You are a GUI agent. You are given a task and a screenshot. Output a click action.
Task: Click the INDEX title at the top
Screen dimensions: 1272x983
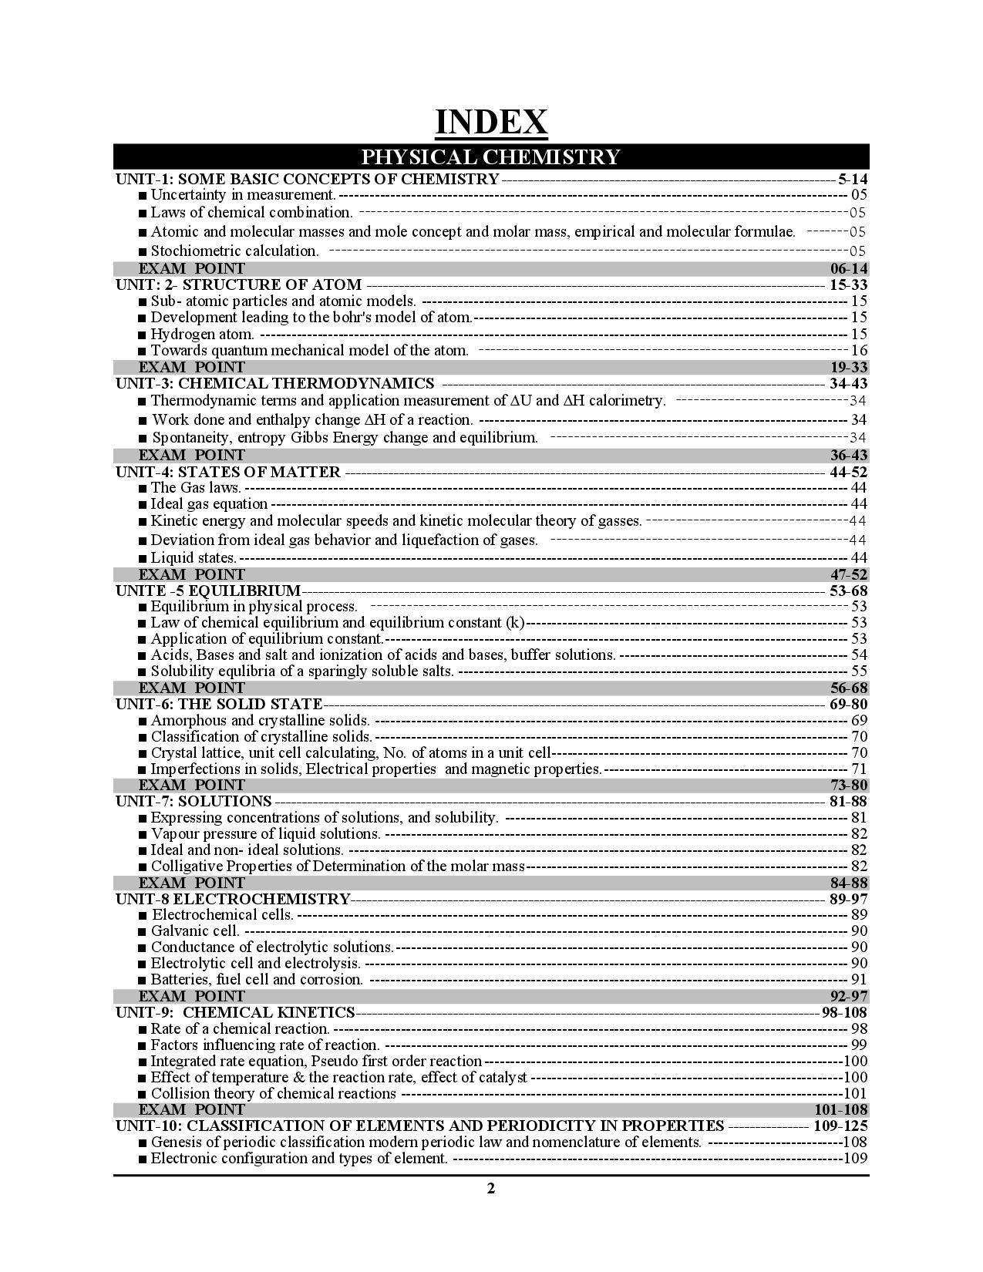click(491, 123)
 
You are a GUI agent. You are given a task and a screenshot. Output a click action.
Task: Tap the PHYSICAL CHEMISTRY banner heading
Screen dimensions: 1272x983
click(491, 156)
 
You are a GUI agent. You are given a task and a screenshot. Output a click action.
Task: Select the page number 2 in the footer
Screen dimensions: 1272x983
click(491, 1188)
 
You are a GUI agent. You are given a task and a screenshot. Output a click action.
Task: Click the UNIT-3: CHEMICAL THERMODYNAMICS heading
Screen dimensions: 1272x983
click(275, 383)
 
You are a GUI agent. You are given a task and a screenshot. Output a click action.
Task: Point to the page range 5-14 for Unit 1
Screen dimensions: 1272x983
click(853, 179)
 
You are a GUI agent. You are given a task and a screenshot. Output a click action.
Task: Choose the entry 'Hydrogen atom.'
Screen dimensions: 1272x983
click(202, 334)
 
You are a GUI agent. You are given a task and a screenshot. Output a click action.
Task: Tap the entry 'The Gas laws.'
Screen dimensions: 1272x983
click(196, 487)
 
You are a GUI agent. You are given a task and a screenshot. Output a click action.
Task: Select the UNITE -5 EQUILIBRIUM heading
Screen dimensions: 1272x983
click(208, 591)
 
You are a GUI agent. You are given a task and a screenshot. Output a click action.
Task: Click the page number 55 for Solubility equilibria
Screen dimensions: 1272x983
click(859, 671)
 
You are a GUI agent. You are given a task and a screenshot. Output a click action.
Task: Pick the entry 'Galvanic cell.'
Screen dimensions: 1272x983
click(195, 930)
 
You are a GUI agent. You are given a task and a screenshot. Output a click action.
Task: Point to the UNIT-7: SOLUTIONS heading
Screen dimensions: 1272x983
click(194, 801)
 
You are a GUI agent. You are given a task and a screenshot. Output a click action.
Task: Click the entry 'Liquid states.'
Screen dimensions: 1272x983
click(194, 557)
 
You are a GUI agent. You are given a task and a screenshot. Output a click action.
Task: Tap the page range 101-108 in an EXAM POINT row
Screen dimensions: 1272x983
click(840, 1109)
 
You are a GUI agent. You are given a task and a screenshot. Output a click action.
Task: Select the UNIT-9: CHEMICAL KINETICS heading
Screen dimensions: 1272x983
click(235, 1012)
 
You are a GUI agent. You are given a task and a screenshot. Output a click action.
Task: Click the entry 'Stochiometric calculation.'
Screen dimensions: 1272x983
click(234, 251)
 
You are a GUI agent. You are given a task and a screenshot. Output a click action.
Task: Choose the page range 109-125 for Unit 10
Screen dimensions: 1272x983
click(840, 1126)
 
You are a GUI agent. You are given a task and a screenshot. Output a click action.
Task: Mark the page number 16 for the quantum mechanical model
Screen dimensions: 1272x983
click(859, 351)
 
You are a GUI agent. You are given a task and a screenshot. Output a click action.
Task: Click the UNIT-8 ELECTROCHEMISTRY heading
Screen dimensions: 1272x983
click(233, 899)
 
